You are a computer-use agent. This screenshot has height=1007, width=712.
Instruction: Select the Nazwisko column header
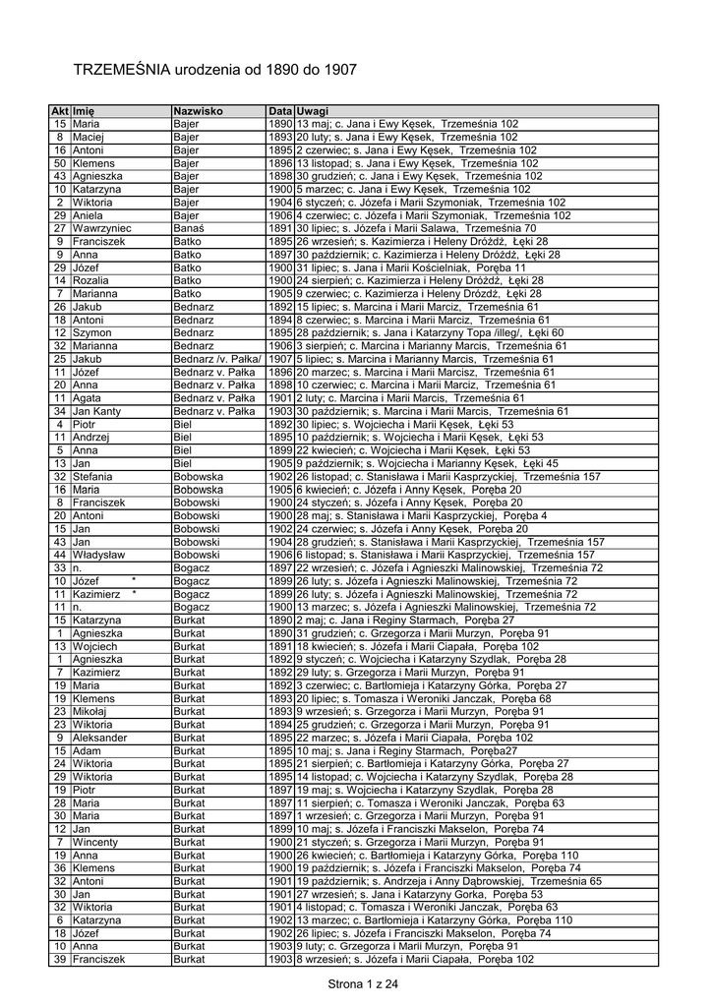click(199, 112)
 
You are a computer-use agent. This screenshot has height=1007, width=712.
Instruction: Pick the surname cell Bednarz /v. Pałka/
click(216, 359)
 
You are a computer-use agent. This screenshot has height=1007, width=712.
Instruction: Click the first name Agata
click(87, 398)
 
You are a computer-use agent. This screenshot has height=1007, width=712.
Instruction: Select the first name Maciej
click(87, 138)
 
